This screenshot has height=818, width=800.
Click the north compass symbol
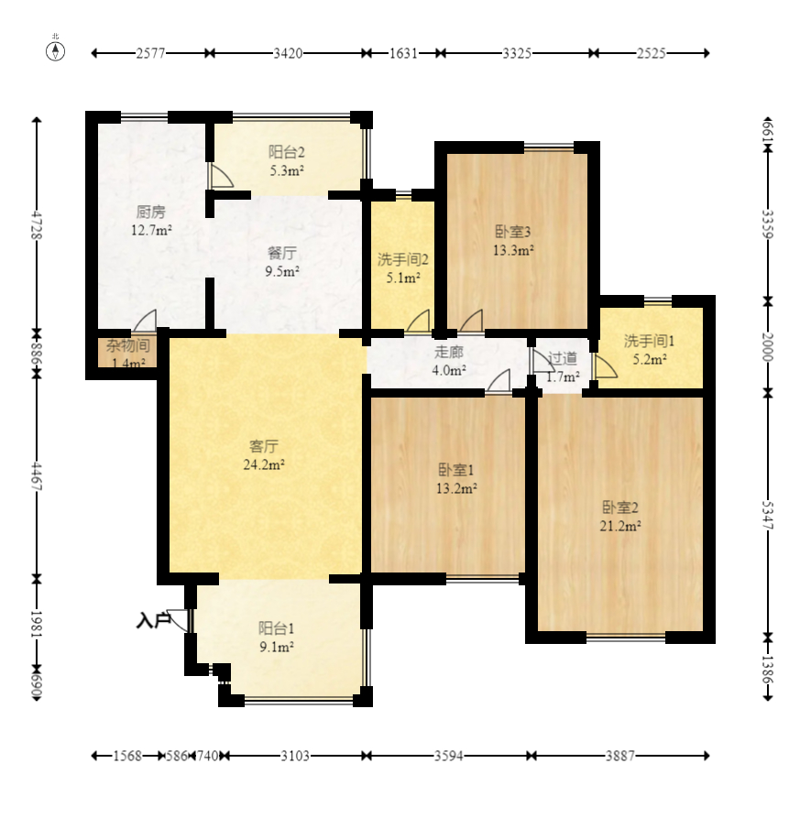pyautogui.click(x=55, y=51)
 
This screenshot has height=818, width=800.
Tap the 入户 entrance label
pyautogui.click(x=153, y=620)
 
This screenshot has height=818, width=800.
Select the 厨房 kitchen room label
pyautogui.click(x=151, y=213)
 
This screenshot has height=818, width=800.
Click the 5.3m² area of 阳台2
pyautogui.click(x=287, y=170)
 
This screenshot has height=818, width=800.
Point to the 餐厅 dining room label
pyautogui.click(x=282, y=253)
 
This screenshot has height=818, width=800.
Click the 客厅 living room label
pyautogui.click(x=264, y=446)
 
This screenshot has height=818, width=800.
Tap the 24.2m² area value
pyautogui.click(x=264, y=464)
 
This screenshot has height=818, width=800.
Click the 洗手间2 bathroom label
pyautogui.click(x=403, y=259)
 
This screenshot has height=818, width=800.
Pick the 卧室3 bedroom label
pyautogui.click(x=513, y=232)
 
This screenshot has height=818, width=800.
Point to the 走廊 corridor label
pyautogui.click(x=449, y=352)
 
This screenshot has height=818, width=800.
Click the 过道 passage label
pyautogui.click(x=563, y=358)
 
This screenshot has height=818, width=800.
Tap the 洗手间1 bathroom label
pyautogui.click(x=649, y=341)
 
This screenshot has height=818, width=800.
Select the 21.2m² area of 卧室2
pyautogui.click(x=620, y=526)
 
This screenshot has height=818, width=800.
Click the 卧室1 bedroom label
pyautogui.click(x=456, y=470)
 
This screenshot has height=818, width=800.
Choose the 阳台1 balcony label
pyautogui.click(x=277, y=628)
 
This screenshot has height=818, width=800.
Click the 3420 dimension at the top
pyautogui.click(x=288, y=53)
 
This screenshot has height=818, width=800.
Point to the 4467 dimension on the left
pyautogui.click(x=37, y=476)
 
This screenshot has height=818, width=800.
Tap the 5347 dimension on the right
pyautogui.click(x=767, y=515)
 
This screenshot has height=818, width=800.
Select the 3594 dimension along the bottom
pyautogui.click(x=449, y=756)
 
